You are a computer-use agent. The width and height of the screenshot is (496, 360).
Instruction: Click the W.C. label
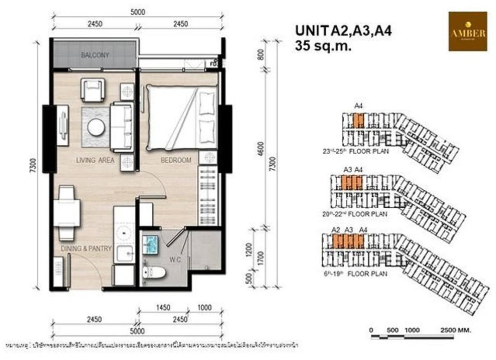[175, 261]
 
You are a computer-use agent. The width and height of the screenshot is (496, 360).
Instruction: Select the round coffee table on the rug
[96, 127]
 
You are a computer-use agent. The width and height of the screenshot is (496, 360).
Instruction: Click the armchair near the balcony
[93, 89]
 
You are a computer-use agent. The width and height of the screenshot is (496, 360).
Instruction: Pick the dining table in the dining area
[67, 212]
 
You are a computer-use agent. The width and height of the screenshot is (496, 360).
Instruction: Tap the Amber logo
[467, 31]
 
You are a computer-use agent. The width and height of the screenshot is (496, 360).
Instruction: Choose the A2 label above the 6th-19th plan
[336, 230]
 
